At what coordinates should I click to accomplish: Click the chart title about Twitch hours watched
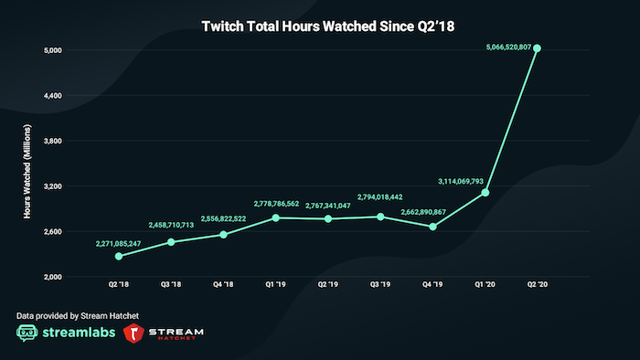[319, 27]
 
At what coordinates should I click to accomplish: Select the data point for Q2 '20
[538, 48]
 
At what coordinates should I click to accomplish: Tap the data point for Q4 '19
[432, 227]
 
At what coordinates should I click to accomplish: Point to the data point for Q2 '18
[119, 256]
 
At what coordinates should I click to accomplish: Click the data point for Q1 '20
[485, 193]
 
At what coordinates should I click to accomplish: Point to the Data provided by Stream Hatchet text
[78, 315]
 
